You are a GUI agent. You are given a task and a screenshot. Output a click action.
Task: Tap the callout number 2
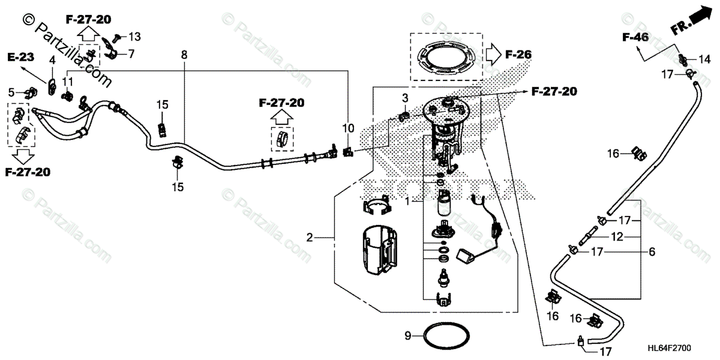click(310, 238)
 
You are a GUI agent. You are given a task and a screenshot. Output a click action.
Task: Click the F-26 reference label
click(518, 55)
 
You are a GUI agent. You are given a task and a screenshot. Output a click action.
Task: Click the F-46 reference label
click(635, 38)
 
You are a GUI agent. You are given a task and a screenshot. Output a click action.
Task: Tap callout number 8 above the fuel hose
click(184, 55)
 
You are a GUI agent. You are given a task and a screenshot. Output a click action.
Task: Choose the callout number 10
click(349, 128)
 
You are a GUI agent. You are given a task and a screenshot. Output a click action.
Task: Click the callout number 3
click(405, 97)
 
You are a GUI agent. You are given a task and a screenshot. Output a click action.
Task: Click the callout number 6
click(652, 253)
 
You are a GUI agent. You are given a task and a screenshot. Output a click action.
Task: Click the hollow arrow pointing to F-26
click(493, 55)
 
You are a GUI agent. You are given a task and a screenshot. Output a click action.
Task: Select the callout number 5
click(11, 92)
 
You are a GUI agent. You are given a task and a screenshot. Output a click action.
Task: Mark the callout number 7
click(131, 54)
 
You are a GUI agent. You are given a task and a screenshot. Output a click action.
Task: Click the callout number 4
click(52, 60)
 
